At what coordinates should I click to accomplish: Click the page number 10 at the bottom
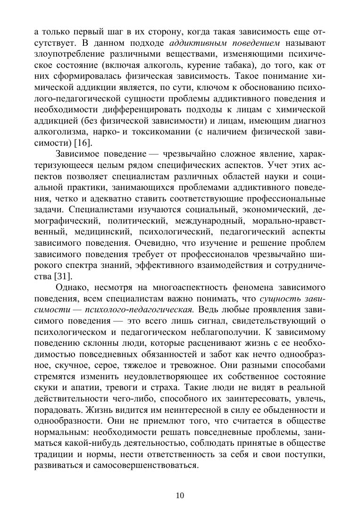coord(180,495)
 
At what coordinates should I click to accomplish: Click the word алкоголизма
coord(60,132)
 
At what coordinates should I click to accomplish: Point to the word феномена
coord(225,287)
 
